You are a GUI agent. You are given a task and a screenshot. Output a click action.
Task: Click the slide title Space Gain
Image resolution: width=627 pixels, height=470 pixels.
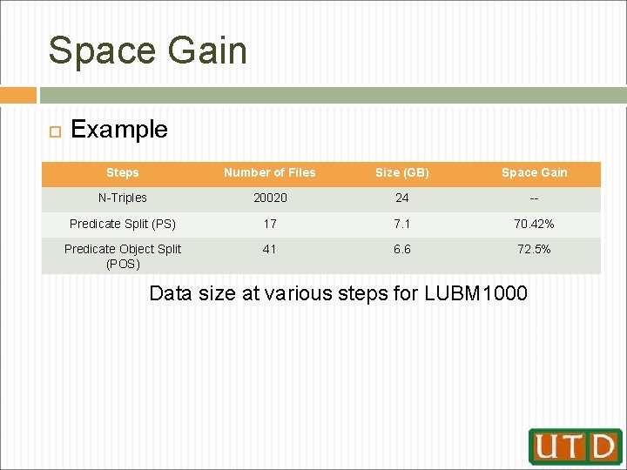(x=148, y=50)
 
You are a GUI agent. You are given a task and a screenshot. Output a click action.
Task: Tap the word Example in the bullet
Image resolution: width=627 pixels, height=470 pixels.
(x=119, y=130)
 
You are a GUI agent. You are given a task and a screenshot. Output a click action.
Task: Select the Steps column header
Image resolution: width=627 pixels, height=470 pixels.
(x=122, y=172)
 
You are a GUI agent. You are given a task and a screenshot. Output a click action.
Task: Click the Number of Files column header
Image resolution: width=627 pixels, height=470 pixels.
(x=270, y=172)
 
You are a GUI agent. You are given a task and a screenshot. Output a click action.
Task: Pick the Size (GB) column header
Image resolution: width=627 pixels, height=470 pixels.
(x=402, y=172)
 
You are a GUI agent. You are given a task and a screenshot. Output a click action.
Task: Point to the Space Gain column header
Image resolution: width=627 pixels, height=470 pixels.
(x=534, y=172)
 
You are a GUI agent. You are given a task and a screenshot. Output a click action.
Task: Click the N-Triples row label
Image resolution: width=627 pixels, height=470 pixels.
(x=122, y=198)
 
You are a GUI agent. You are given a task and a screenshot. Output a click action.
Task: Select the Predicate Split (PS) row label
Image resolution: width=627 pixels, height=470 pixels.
(x=122, y=224)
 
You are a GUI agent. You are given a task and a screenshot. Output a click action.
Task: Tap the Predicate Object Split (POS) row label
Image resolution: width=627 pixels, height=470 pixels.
(x=122, y=256)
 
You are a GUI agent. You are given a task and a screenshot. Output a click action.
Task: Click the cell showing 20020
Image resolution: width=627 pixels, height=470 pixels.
(x=270, y=198)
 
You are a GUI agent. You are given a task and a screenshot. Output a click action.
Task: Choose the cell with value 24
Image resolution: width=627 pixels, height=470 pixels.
(x=402, y=198)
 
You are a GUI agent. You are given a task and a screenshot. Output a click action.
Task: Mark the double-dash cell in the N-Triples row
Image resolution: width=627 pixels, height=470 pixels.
(x=534, y=198)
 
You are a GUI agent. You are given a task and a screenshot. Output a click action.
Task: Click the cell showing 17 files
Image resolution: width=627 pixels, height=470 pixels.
(x=270, y=224)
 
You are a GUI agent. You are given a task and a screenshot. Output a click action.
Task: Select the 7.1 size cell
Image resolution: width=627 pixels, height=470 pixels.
(x=402, y=224)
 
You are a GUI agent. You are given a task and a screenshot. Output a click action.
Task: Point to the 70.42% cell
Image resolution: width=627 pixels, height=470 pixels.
(x=534, y=224)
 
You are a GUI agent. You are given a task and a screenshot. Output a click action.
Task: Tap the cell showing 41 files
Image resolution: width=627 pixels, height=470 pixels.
(x=270, y=249)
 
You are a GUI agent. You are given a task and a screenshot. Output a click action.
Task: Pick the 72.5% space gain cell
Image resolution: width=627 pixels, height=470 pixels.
(x=534, y=249)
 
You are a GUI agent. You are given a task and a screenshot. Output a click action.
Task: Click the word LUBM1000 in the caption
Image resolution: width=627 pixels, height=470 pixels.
(x=475, y=293)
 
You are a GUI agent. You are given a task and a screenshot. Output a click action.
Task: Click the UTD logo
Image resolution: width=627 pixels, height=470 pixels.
(x=575, y=446)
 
